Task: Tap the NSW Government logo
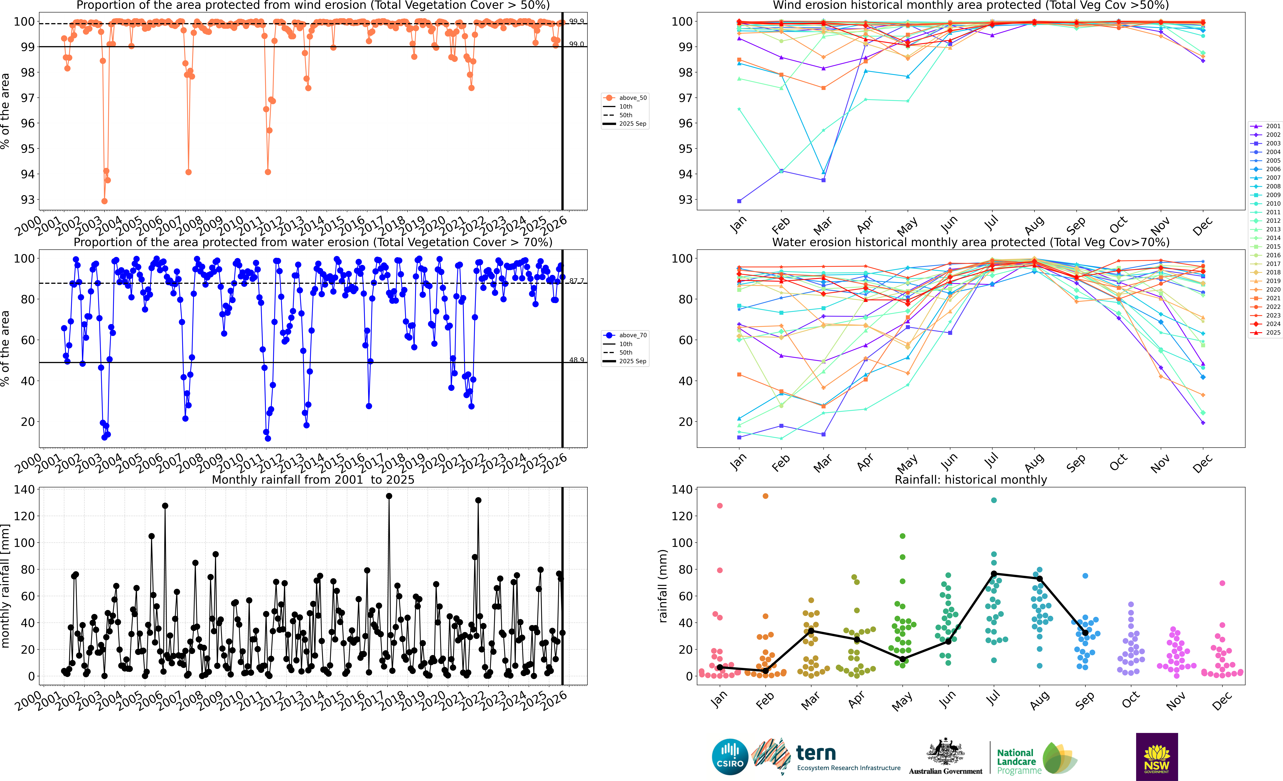[1157, 756]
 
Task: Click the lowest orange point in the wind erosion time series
[105, 201]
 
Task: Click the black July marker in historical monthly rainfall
[994, 574]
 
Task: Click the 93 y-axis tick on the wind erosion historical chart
[685, 200]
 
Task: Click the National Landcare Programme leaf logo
[1060, 758]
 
